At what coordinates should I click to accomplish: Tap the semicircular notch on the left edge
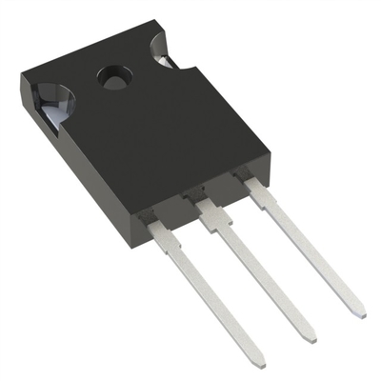[x=49, y=100]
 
